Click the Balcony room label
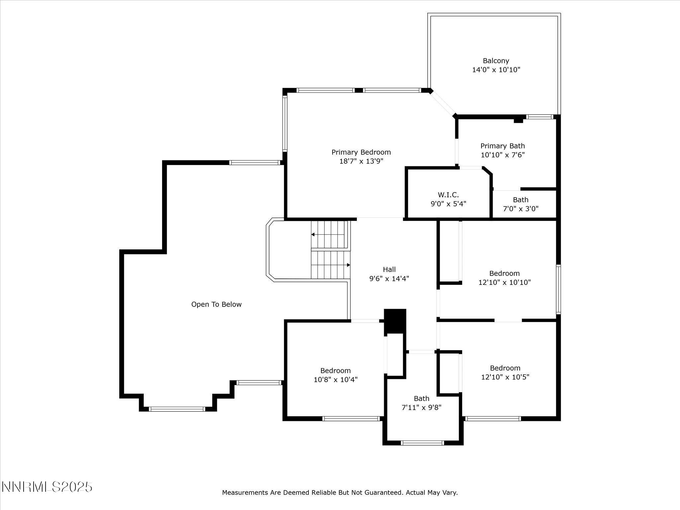tap(496, 61)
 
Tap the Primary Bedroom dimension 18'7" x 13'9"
tap(361, 161)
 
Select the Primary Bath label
tap(502, 146)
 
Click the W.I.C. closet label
tap(448, 195)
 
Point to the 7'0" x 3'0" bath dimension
tap(520, 209)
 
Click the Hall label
tap(389, 269)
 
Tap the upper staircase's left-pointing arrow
tap(313, 234)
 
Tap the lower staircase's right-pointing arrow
tap(348, 265)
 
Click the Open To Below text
tap(216, 304)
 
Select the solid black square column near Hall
tap(395, 321)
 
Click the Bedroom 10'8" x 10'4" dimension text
tap(335, 380)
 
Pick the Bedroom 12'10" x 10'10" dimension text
tap(504, 283)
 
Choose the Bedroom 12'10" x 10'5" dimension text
tap(505, 377)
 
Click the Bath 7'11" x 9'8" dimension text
tap(421, 407)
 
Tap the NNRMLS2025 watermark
tap(47, 487)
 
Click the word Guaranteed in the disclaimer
tap(383, 493)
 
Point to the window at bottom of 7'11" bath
tap(422, 443)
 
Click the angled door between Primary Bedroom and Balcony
tap(443, 103)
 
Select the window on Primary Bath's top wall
tap(540, 117)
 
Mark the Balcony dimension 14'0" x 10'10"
tap(496, 70)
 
